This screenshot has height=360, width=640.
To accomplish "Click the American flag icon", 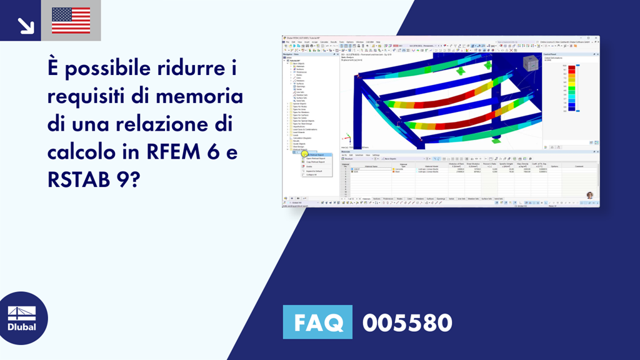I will pos(71,20).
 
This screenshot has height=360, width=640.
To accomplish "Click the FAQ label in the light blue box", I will pos(317,322).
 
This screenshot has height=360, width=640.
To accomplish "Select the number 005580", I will pos(407,322).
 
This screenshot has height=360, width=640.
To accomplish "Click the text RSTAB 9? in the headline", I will pos(94,180).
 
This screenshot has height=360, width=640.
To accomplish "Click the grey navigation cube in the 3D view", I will pos(530,62).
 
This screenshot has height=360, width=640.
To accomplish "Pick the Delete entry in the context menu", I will pos(309,166).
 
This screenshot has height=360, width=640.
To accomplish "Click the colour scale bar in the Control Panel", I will pos(564,87).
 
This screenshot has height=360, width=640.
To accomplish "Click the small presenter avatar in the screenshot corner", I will pos(589,196).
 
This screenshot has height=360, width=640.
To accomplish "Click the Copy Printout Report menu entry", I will pos(316,162).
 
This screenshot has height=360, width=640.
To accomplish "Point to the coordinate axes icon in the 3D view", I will pos(344,139).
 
